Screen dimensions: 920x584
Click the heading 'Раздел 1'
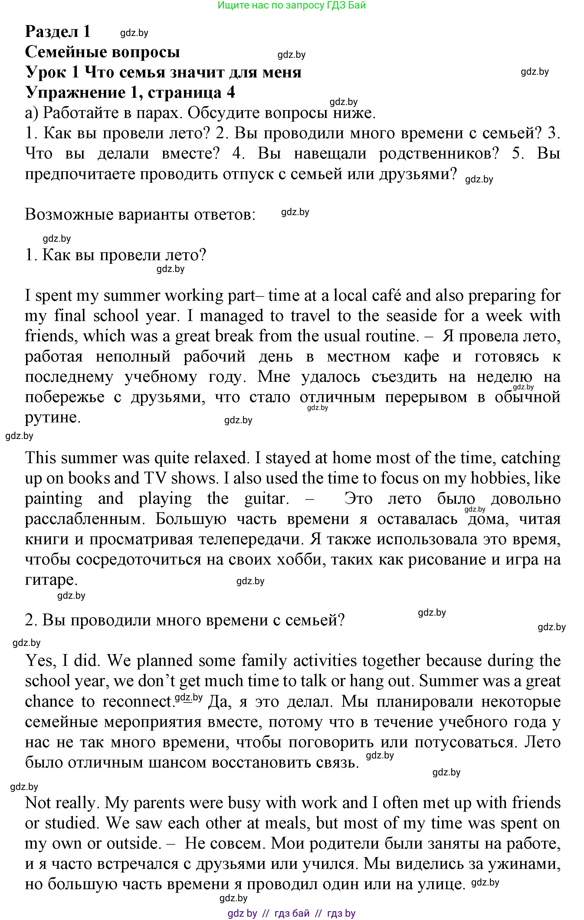(58, 31)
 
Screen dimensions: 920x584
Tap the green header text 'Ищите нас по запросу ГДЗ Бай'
(292, 5)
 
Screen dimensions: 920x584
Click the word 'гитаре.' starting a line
(51, 580)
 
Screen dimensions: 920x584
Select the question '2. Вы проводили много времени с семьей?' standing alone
(185, 620)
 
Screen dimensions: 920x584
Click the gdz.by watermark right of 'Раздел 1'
(134, 33)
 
